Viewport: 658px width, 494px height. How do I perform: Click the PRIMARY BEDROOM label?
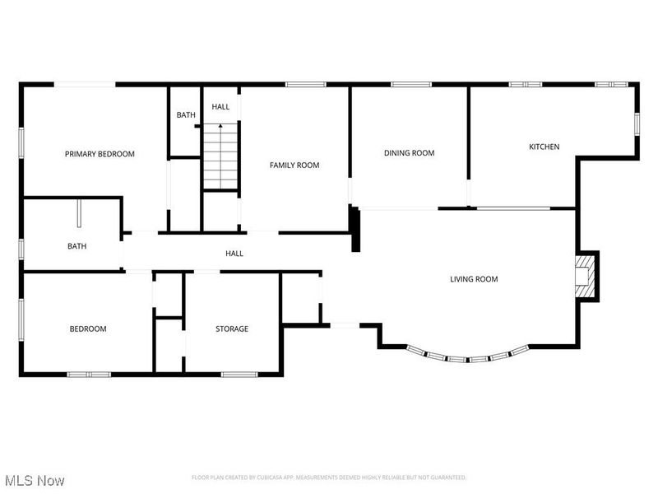[x=100, y=154]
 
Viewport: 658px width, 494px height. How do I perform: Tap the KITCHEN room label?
[x=544, y=147]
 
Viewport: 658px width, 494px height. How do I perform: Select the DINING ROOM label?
[x=409, y=153]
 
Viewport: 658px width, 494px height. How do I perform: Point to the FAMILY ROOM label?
[x=294, y=165]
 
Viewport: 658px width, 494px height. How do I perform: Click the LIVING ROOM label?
[x=474, y=279]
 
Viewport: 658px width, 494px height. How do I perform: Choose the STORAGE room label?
[x=232, y=329]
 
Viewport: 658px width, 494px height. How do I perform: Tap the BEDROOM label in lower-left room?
[x=87, y=329]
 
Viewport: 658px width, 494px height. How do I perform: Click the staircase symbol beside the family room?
[x=220, y=156]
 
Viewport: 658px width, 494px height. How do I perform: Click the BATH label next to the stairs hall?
[x=186, y=115]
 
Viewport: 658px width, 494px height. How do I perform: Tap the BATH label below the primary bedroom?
[x=76, y=246]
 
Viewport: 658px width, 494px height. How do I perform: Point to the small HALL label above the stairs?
[x=220, y=107]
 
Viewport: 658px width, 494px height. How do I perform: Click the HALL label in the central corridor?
[x=234, y=254]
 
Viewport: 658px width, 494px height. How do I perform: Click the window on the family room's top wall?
[x=300, y=84]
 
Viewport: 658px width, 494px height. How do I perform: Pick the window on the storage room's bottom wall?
[x=239, y=375]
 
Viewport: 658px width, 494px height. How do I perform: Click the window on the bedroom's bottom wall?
[x=89, y=375]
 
